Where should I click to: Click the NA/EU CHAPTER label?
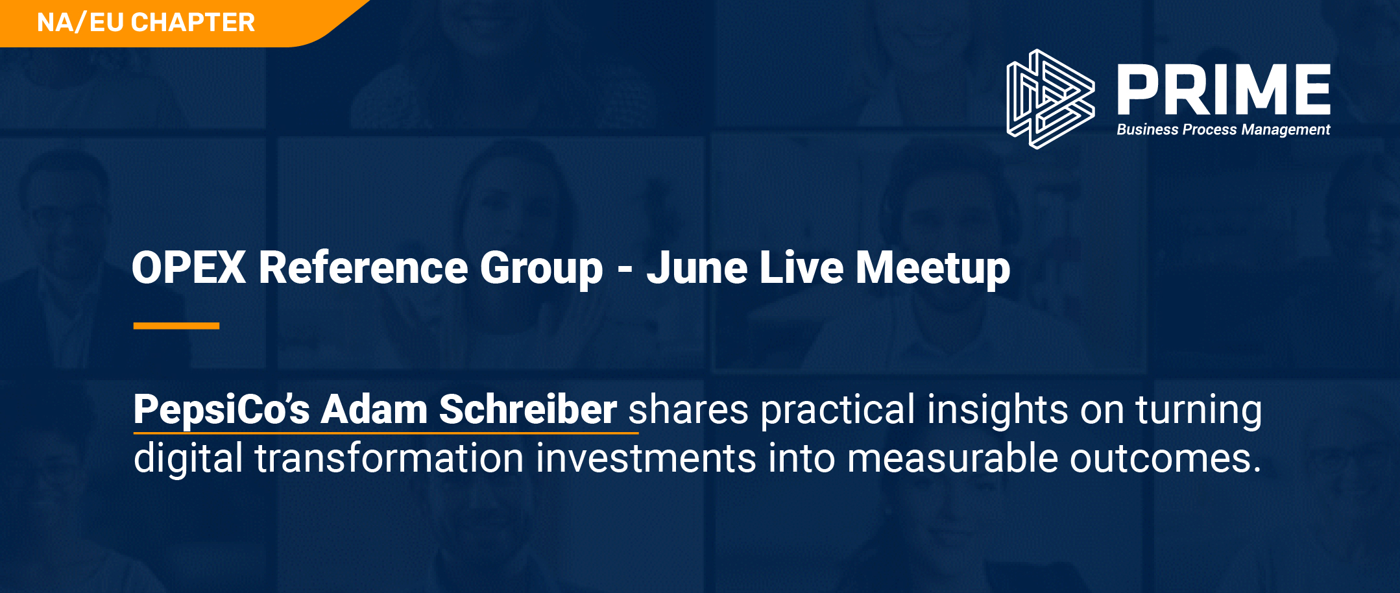(146, 23)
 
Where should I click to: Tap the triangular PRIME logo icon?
(1050, 99)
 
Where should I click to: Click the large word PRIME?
(1224, 89)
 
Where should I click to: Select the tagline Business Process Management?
(1224, 130)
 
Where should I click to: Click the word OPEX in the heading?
(189, 267)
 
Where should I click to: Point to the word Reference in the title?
(363, 267)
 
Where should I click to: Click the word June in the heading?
(697, 267)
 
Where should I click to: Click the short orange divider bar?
(176, 326)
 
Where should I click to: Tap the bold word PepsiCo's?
(222, 410)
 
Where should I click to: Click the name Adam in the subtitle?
(374, 409)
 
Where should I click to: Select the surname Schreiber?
(528, 409)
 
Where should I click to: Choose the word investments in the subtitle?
(646, 458)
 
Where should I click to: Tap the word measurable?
(952, 458)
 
